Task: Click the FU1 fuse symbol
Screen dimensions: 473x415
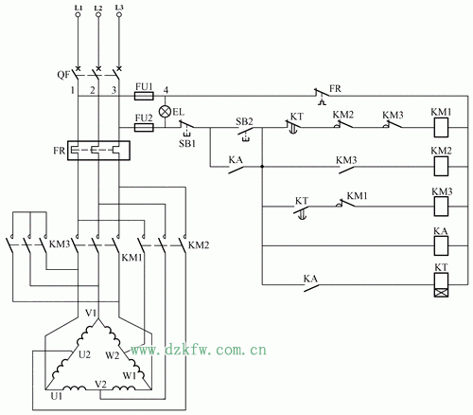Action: tap(144, 96)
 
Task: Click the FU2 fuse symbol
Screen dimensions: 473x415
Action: tap(144, 128)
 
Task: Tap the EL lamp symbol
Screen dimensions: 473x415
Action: tap(165, 112)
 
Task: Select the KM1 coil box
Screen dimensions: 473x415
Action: tap(441, 128)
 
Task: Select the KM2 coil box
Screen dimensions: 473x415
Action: tap(441, 166)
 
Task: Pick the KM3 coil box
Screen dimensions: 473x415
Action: tap(441, 207)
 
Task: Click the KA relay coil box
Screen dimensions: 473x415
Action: tap(441, 245)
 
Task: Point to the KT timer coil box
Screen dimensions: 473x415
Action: tap(441, 285)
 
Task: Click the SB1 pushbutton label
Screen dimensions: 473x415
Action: tap(187, 143)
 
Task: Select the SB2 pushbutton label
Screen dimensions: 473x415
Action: tap(244, 121)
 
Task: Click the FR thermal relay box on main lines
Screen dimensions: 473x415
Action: tap(98, 151)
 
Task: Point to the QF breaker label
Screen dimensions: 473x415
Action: tap(63, 75)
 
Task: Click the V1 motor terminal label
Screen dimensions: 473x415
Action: tap(91, 313)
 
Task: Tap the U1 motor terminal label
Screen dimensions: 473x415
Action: tap(57, 396)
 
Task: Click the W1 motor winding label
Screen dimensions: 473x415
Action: tap(130, 375)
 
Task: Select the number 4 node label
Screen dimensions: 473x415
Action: tap(166, 90)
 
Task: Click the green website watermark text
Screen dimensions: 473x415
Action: tap(199, 350)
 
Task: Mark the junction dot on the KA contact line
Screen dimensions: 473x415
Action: tap(262, 166)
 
